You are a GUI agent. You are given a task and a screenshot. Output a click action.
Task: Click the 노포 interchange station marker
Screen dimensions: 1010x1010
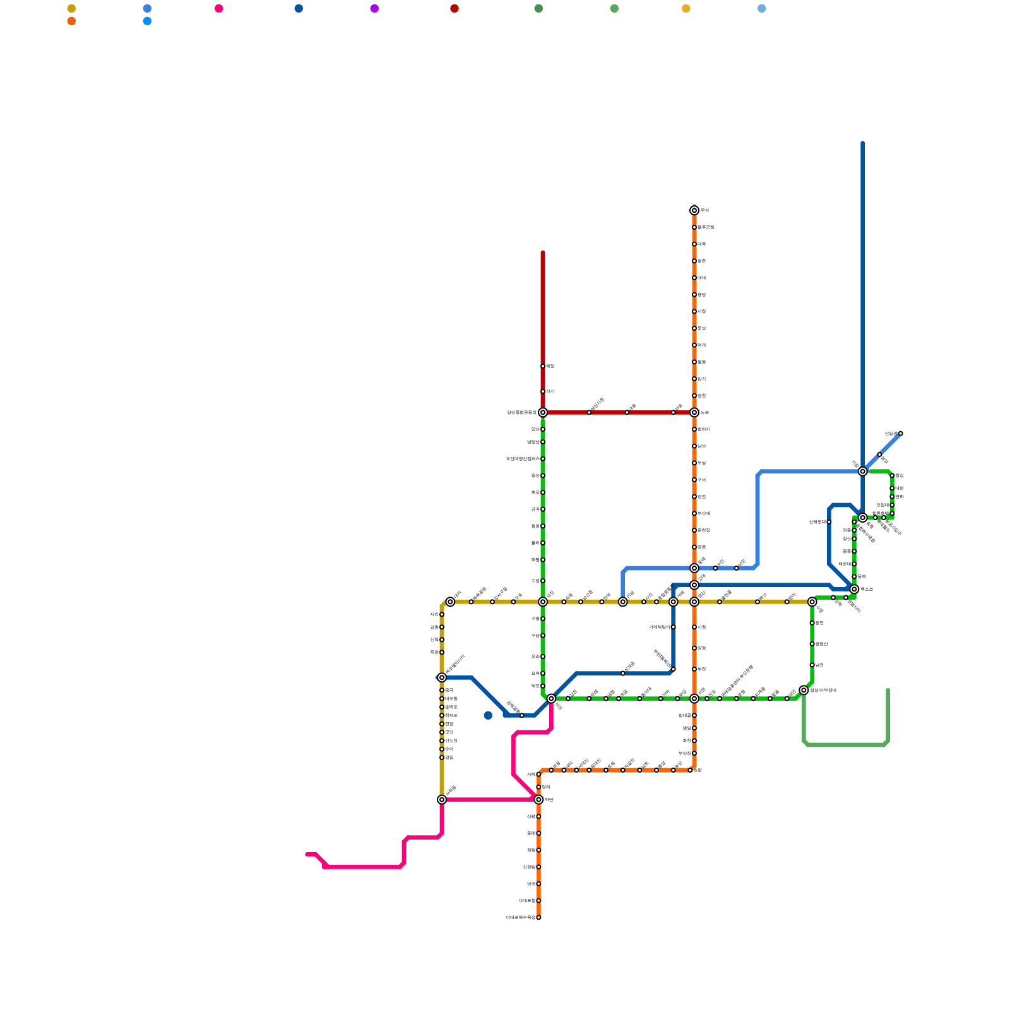pos(694,412)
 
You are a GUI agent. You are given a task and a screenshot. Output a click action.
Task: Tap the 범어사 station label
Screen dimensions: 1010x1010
pos(704,429)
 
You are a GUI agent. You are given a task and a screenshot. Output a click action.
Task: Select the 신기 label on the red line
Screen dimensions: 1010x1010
pos(550,391)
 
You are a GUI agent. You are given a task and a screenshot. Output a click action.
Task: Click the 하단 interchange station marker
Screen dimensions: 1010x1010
pos(538,800)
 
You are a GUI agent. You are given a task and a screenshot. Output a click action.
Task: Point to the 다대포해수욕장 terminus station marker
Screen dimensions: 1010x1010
pos(538,917)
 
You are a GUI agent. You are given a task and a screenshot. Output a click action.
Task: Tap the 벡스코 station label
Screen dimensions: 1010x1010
pos(867,589)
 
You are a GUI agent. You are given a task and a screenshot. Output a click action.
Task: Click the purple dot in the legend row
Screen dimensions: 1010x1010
pos(374,8)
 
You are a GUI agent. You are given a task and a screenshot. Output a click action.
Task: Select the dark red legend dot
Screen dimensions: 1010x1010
pos(454,8)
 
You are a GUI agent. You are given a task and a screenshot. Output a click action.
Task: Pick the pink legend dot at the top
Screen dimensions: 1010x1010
pos(218,8)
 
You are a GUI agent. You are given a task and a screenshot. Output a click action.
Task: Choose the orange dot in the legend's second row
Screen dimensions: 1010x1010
pos(71,21)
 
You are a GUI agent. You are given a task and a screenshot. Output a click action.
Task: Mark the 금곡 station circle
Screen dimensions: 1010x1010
pos(543,509)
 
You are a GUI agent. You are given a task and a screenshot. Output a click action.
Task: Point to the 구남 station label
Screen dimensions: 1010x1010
pos(535,636)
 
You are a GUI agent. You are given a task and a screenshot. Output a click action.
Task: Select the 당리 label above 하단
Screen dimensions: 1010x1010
pos(547,787)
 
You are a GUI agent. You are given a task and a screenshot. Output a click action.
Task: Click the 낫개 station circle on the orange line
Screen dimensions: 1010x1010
pos(538,884)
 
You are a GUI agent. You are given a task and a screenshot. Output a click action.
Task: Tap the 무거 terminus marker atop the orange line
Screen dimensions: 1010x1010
pos(694,210)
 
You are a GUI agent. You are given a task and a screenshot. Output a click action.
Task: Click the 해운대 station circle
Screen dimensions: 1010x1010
pos(854,564)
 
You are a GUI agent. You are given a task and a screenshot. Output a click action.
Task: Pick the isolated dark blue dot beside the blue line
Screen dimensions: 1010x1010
pos(488,715)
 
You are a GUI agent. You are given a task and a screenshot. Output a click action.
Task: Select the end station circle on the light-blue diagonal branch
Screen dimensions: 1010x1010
pos(900,433)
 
